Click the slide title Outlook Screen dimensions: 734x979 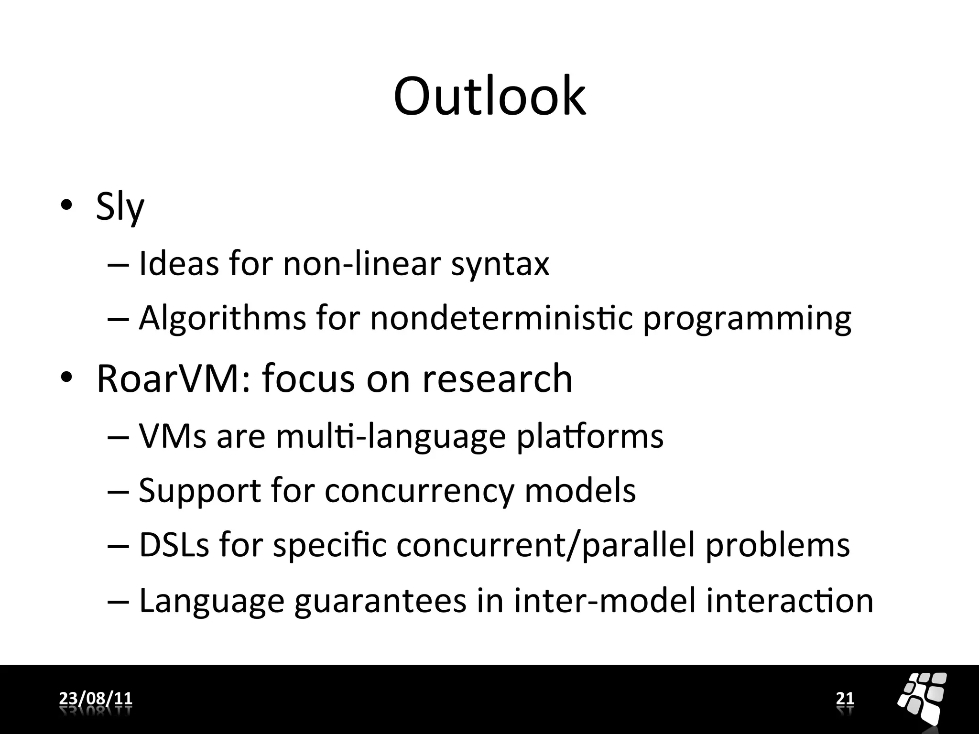489,97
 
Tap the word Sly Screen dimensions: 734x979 120,206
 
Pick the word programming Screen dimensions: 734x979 747,319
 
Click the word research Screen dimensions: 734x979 497,378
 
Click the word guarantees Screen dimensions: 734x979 380,601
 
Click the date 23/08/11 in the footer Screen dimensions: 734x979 96,699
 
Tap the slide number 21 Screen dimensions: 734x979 845,699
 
